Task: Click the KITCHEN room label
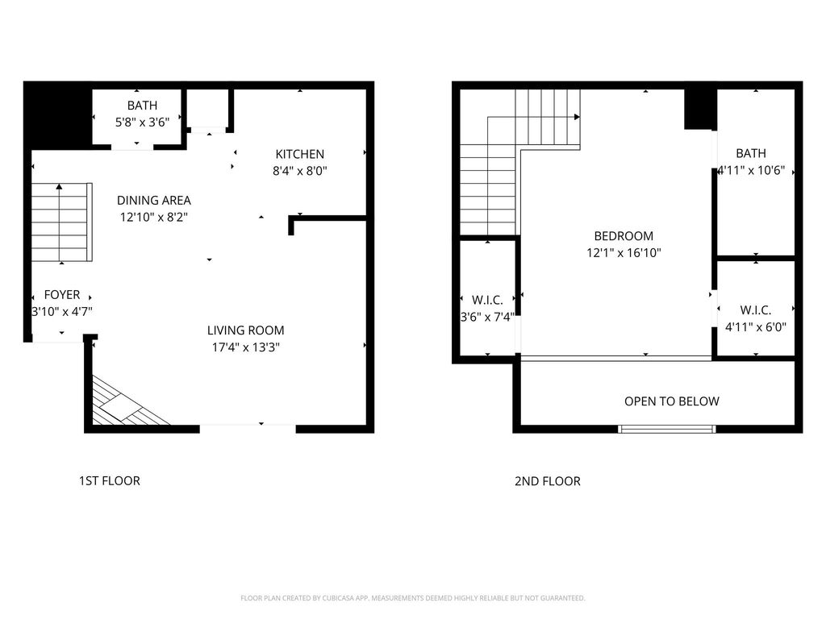pos(300,154)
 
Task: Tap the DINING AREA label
pos(154,201)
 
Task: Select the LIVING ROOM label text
pos(245,330)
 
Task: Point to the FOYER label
pos(62,295)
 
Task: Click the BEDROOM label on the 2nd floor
pos(624,236)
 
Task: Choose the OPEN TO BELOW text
pos(672,401)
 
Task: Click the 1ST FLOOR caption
pos(110,481)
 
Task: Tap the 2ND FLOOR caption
pos(548,481)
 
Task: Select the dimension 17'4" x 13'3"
pos(245,347)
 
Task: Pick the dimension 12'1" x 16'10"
pos(624,253)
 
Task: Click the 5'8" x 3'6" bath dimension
pos(142,123)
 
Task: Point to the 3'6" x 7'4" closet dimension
pos(487,318)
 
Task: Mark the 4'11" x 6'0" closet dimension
pos(756,327)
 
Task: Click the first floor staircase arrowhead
pos(60,186)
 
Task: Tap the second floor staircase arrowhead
pos(578,117)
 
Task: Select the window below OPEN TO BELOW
pos(667,429)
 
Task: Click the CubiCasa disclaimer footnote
pos(413,598)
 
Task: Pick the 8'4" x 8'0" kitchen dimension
pos(300,171)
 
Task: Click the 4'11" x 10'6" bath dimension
pos(752,171)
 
